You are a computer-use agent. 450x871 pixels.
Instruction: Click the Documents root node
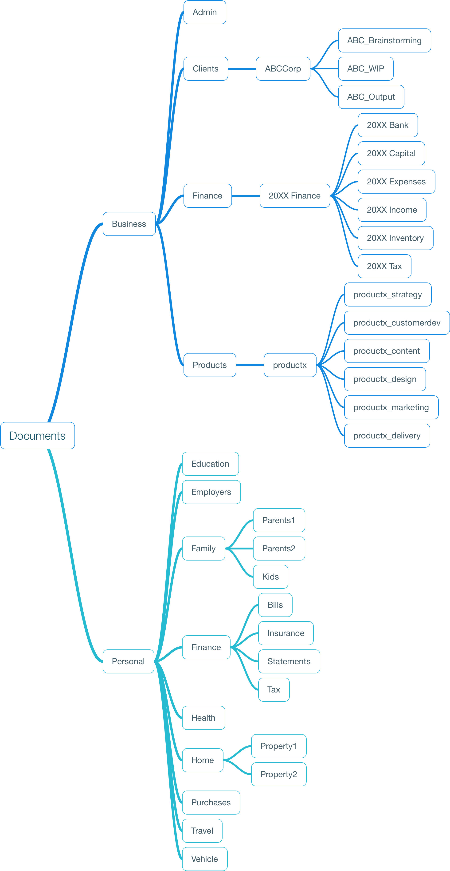(38, 436)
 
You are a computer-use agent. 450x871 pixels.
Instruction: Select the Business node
(129, 224)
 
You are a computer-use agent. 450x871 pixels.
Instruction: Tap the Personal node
(128, 661)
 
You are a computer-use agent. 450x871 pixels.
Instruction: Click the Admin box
(205, 12)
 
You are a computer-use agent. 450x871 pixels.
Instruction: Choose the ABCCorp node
(283, 69)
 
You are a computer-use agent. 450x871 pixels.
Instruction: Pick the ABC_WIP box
(366, 69)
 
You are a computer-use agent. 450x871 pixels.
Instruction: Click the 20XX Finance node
(295, 196)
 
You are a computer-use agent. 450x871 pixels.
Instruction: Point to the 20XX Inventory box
(396, 238)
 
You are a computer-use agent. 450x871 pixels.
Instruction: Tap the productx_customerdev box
(397, 323)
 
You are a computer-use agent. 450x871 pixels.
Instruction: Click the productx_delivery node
(387, 436)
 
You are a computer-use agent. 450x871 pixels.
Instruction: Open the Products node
(210, 365)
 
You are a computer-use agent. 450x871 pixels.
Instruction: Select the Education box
(211, 464)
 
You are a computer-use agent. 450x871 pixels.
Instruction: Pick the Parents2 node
(279, 549)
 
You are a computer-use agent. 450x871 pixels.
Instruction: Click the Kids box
(271, 577)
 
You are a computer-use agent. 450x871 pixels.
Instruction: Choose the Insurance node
(286, 633)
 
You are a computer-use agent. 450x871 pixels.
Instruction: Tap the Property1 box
(279, 746)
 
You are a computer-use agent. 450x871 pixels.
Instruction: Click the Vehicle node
(205, 859)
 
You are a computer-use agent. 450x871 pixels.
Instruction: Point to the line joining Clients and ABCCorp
(242, 69)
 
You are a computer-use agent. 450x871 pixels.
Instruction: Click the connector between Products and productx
(250, 365)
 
